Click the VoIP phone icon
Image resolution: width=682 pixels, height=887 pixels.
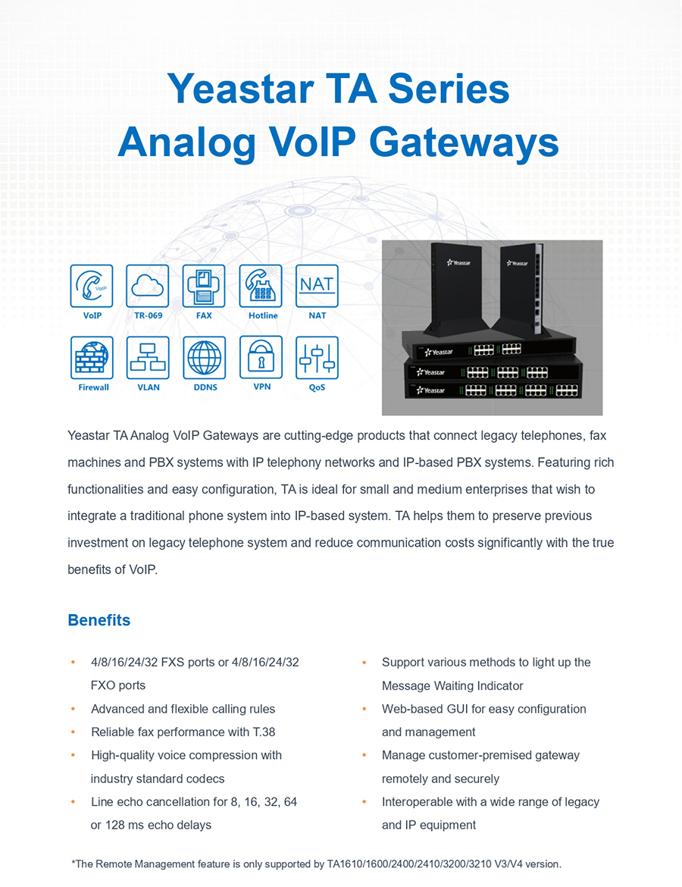click(x=92, y=286)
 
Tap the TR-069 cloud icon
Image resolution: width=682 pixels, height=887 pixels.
click(x=148, y=286)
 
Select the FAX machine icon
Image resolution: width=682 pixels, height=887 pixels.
click(x=204, y=286)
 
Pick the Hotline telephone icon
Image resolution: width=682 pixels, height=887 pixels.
click(x=261, y=286)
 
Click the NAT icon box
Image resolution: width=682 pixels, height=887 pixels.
click(x=317, y=286)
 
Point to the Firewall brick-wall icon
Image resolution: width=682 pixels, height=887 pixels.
click(x=92, y=358)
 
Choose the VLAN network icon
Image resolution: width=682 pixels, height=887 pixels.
click(x=148, y=358)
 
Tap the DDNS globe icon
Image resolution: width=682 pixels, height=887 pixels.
click(x=204, y=358)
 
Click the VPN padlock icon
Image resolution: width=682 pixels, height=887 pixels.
click(x=261, y=357)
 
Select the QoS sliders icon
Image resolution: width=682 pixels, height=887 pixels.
click(x=317, y=358)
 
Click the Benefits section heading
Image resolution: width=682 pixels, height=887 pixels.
click(x=99, y=620)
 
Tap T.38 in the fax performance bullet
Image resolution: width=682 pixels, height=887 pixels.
click(x=264, y=732)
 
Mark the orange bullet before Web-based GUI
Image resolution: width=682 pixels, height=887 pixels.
click(x=364, y=709)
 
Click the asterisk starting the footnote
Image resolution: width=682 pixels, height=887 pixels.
click(x=73, y=863)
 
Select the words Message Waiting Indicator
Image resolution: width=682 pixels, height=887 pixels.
click(x=452, y=685)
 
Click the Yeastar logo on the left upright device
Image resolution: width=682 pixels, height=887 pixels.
click(x=458, y=262)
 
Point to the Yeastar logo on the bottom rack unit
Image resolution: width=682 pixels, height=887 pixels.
click(x=431, y=390)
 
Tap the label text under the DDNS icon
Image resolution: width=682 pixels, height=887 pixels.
click(x=205, y=387)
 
